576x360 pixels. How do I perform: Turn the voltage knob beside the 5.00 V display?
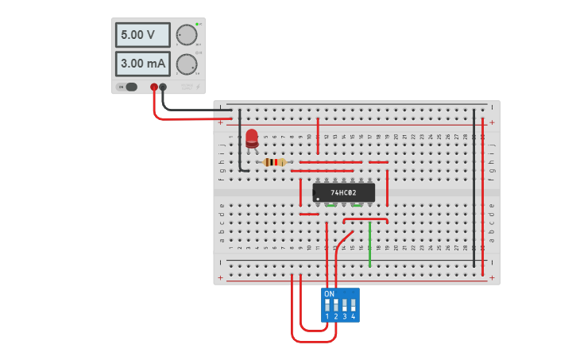pyautogui.click(x=187, y=35)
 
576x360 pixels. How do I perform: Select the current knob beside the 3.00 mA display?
pyautogui.click(x=187, y=64)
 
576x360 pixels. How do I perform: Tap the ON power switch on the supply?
pyautogui.click(x=128, y=87)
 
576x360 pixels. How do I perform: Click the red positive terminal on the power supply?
pyautogui.click(x=154, y=87)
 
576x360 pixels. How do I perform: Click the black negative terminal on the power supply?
pyautogui.click(x=163, y=87)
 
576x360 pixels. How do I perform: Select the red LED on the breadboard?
pyautogui.click(x=252, y=138)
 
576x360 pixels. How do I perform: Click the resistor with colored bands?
pyautogui.click(x=275, y=162)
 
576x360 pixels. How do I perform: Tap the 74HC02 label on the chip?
pyautogui.click(x=343, y=192)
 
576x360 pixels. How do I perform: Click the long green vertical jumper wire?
pyautogui.click(x=369, y=243)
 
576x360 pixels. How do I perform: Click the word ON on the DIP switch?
pyautogui.click(x=329, y=294)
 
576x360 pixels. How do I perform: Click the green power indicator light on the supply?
pyautogui.click(x=197, y=25)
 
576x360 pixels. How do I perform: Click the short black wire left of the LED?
pyautogui.click(x=240, y=143)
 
